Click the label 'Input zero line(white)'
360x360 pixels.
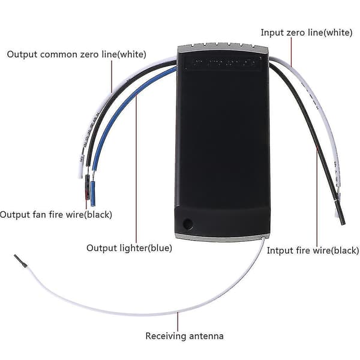click(x=306, y=32)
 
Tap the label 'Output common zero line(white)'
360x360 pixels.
click(x=76, y=55)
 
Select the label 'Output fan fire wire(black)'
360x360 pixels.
click(x=56, y=215)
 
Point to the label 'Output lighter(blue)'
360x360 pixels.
click(x=129, y=248)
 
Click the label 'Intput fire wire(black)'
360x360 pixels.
click(x=313, y=250)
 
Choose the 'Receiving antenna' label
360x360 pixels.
click(x=184, y=336)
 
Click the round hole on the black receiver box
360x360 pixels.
click(x=188, y=223)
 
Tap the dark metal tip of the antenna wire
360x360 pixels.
click(x=20, y=260)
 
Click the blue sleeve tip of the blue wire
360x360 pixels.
click(x=93, y=194)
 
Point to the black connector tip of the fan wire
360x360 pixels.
click(x=87, y=187)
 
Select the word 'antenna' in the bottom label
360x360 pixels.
click(x=206, y=337)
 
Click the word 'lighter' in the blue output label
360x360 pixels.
click(x=133, y=248)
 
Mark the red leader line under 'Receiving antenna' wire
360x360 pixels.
click(x=178, y=322)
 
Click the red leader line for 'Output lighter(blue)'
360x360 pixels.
click(x=136, y=169)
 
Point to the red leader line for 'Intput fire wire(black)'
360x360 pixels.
click(x=317, y=197)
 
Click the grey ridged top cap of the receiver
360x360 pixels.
click(x=223, y=47)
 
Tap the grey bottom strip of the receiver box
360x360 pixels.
click(x=221, y=238)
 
